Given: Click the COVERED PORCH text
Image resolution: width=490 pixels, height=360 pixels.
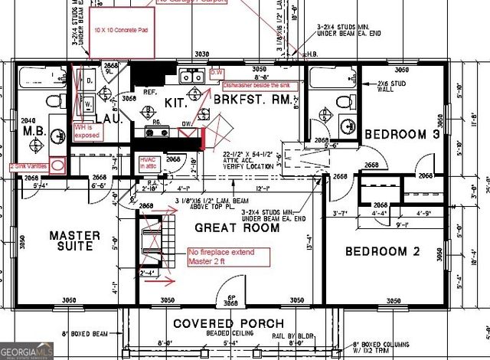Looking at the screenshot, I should pos(218,323).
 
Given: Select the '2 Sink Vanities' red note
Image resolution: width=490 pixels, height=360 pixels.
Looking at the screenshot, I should pos(30,165).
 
